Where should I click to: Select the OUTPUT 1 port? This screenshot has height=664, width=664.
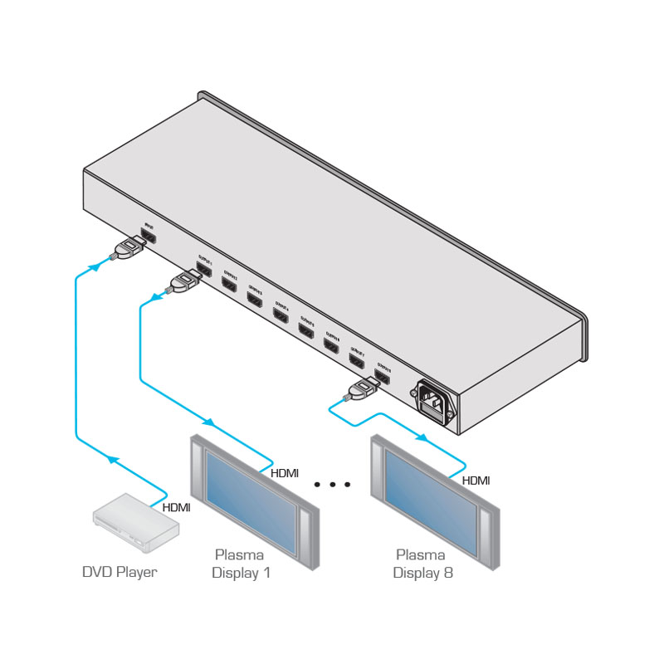coord(203,269)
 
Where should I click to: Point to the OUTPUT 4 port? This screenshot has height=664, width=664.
coord(281,316)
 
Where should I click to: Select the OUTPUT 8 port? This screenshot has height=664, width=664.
coord(383,377)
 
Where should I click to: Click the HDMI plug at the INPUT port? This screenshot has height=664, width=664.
coord(127,250)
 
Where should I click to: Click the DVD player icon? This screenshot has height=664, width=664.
coord(135,522)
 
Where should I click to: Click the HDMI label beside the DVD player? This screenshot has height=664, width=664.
coord(176,508)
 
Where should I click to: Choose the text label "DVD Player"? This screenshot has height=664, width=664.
coord(120,572)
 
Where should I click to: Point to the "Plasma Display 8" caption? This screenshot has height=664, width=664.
coord(422,564)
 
